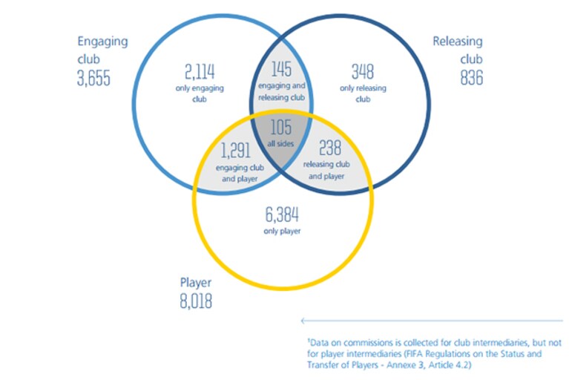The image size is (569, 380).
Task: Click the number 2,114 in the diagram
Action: point(200,71)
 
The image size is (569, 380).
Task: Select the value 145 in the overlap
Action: point(281,69)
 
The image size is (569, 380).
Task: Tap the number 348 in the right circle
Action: point(363,71)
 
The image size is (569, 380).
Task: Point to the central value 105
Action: point(281,127)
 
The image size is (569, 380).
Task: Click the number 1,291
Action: point(236,150)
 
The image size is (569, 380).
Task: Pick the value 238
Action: point(330,148)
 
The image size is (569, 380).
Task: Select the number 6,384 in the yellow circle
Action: point(282,214)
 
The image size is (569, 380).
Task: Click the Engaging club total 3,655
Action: point(93,78)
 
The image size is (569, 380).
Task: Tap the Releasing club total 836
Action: point(471,78)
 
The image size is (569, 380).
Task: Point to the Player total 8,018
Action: point(196,301)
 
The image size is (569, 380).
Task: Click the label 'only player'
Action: point(282,232)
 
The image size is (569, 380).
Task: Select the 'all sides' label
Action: point(280,144)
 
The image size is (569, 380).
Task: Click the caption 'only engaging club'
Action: point(200,94)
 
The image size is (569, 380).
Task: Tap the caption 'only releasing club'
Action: point(363,94)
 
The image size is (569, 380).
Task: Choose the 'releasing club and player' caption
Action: point(326,170)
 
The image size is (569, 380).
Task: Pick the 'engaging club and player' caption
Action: point(240,173)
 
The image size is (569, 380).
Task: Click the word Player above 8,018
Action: point(196,283)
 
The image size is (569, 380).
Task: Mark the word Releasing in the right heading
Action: point(458,42)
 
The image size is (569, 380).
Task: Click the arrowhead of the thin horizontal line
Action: point(302,321)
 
